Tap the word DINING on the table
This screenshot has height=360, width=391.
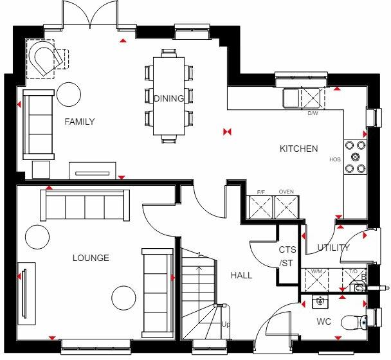pos(168,98)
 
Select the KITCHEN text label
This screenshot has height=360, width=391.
pos(298,148)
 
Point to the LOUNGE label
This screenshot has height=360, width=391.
pos(91,258)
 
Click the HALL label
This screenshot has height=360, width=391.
pos(241,275)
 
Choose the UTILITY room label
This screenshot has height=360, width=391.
pos(333,248)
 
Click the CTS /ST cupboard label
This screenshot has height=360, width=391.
pos(286,256)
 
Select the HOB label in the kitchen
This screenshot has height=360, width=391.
pos(334,159)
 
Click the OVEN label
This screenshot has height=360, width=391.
pos(286,192)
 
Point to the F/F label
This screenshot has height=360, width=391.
pos(261,192)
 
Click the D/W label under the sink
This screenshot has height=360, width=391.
pos(313,113)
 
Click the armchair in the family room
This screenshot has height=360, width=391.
pos(46,58)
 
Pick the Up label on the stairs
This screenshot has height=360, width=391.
pos(225,325)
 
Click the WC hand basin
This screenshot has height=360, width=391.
pos(319,301)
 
